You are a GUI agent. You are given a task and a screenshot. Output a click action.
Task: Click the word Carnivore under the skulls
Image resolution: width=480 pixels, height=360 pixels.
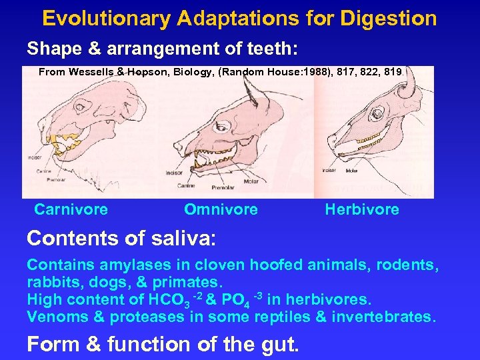[x=71, y=209]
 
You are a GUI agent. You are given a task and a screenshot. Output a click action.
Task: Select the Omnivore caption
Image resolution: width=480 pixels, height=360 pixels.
[x=221, y=209]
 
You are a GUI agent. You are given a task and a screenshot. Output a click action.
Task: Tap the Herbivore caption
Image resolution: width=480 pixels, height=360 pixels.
[x=362, y=209]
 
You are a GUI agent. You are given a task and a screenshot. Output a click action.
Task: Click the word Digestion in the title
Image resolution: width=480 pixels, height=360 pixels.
[x=388, y=18]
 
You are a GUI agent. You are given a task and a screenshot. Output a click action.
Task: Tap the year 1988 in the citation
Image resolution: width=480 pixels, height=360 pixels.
[x=317, y=71]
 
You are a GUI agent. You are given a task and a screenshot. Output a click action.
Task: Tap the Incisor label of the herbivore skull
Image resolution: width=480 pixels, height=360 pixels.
[x=329, y=170]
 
